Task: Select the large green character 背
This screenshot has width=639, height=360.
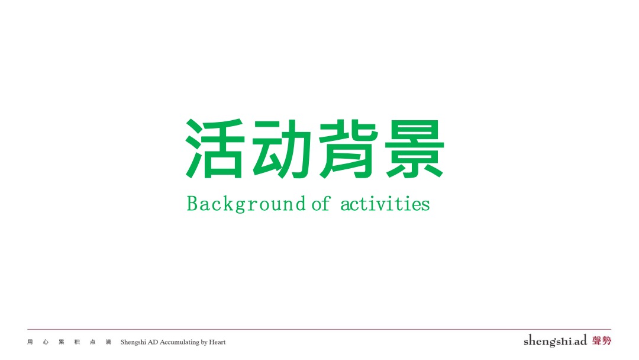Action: [347, 149]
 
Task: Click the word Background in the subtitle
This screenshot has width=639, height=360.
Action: [246, 204]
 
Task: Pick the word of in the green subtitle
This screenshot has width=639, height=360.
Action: [321, 204]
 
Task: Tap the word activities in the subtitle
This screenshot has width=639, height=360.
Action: [385, 204]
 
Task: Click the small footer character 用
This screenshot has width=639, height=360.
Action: [30, 342]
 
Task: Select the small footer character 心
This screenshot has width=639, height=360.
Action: [46, 342]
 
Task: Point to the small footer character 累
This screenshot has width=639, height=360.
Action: [62, 342]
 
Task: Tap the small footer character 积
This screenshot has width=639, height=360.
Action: [77, 342]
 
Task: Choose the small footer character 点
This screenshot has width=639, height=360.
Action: [92, 342]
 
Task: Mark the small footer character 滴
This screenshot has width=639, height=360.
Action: [108, 342]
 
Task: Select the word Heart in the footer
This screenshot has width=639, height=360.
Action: [217, 342]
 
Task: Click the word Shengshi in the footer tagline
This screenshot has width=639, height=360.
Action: [133, 342]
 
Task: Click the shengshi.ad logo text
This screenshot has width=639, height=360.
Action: [555, 341]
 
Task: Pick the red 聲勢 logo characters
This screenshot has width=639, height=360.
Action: [601, 340]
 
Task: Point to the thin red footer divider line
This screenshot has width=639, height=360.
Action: [319, 329]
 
